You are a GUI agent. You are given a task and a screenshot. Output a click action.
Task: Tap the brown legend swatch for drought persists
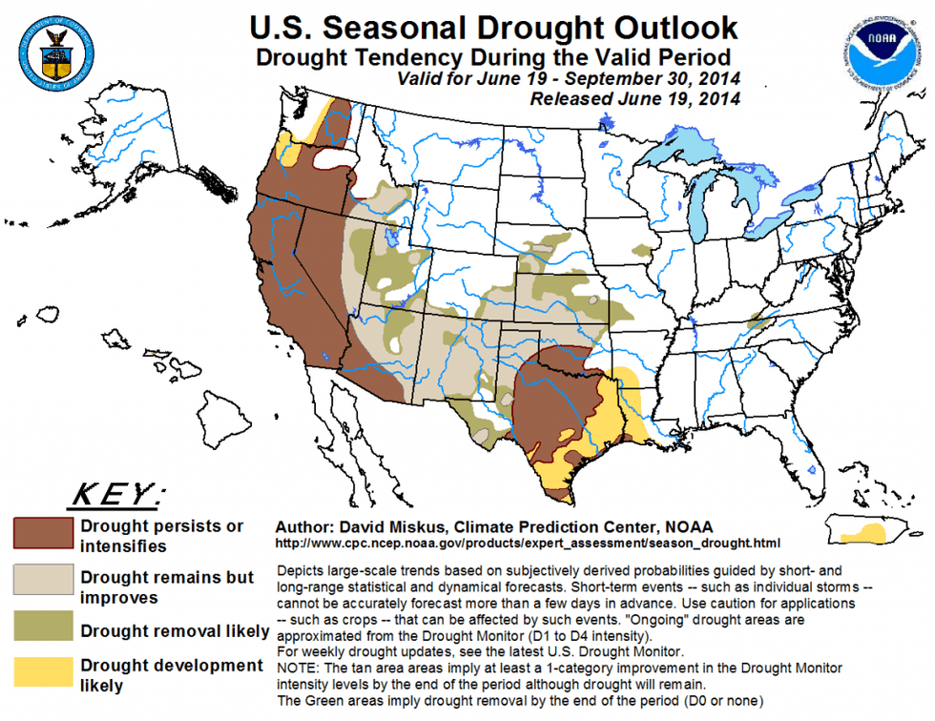[x=43, y=532]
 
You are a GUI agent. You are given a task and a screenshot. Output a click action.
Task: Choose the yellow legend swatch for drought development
[x=43, y=671]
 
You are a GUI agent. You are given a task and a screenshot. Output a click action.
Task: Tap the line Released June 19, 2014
[x=634, y=98]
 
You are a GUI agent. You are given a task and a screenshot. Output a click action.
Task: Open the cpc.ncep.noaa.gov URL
[x=520, y=544]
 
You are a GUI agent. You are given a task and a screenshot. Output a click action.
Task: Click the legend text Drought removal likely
[x=175, y=630]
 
